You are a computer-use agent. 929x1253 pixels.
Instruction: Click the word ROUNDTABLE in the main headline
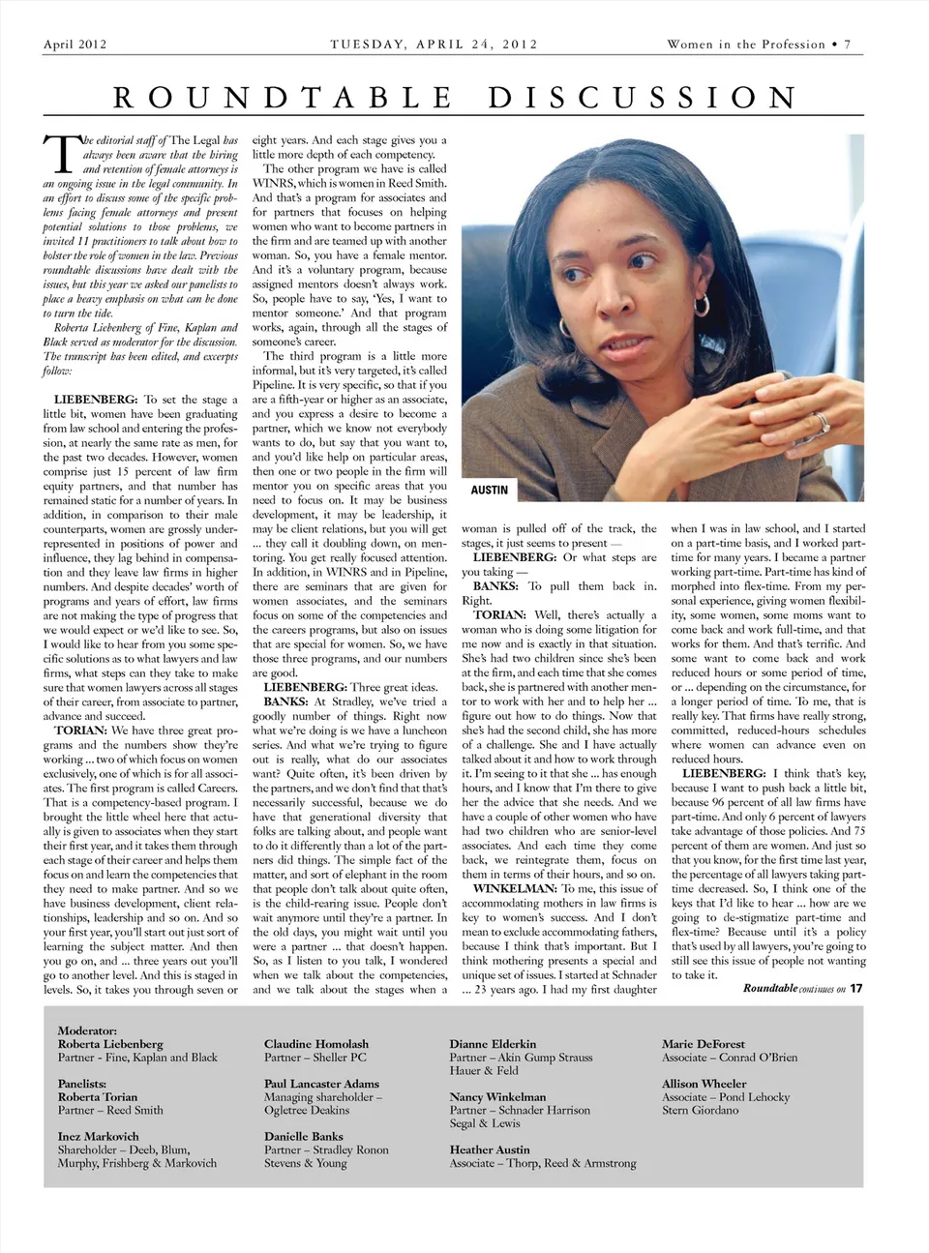point(282,98)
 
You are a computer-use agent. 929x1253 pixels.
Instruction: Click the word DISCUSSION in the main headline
point(644,98)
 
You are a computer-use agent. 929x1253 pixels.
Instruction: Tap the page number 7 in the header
point(848,45)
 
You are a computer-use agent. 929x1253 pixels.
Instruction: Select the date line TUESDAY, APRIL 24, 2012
point(434,45)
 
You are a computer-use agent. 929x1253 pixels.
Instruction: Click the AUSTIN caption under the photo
point(489,491)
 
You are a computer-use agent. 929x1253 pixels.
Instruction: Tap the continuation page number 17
point(856,988)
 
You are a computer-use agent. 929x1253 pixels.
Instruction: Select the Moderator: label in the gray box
point(87,1031)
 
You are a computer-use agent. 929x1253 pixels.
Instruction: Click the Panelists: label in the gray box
point(82,1084)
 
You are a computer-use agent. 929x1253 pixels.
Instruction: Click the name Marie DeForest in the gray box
point(704,1044)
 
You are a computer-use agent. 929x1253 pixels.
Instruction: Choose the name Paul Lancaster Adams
point(321,1084)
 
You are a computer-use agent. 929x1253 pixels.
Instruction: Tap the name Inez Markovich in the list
point(98,1136)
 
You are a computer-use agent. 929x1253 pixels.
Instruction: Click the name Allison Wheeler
point(704,1084)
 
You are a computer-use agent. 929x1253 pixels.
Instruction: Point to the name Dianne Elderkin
point(493,1044)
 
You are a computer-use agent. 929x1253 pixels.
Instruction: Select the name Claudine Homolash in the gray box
point(316,1044)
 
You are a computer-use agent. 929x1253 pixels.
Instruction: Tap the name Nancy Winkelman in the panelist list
point(497,1097)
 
